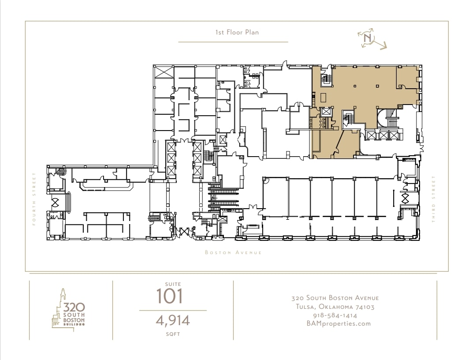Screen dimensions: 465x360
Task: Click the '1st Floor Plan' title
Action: tap(237, 32)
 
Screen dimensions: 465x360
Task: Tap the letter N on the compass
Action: tap(368, 38)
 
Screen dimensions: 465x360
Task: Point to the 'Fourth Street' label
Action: tap(34, 199)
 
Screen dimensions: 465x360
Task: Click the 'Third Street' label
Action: tap(434, 199)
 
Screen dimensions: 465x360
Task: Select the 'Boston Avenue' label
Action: tap(234, 252)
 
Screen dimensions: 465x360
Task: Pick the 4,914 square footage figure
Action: tap(173, 321)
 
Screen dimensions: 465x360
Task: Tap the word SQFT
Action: tap(173, 334)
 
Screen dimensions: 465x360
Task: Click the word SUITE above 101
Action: tap(173, 284)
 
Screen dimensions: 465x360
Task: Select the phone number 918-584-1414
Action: tap(335, 315)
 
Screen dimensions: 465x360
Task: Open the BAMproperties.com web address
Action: tap(339, 324)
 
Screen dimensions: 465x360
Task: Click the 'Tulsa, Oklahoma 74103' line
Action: tap(335, 307)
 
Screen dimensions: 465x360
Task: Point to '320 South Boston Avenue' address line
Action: tap(335, 298)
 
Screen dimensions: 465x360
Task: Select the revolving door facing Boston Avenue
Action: tap(183, 232)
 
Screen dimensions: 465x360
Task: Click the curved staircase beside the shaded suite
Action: tap(388, 118)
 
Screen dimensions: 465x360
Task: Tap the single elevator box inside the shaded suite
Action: tap(326, 112)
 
